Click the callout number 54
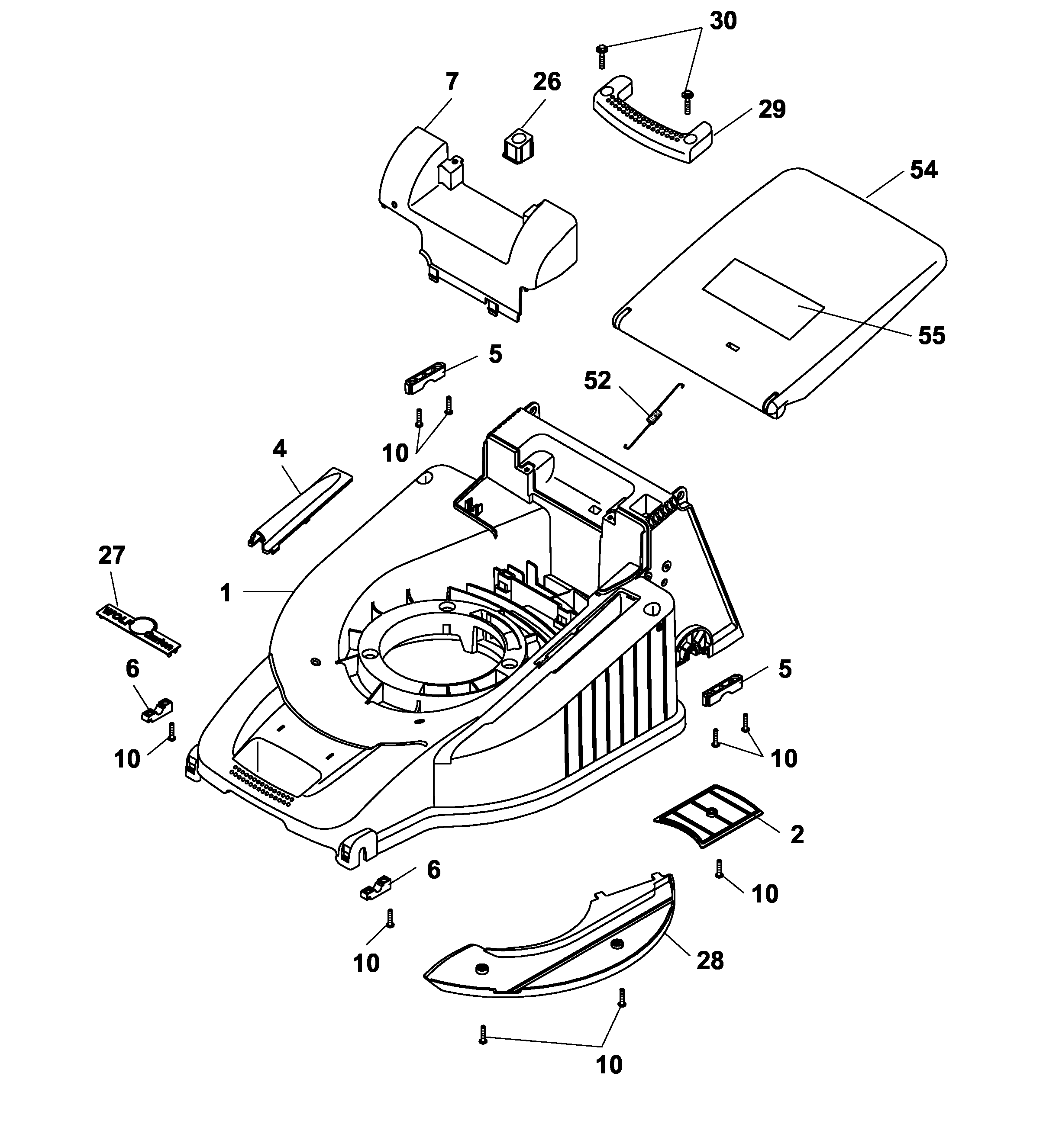coord(923,170)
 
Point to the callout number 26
coord(546,82)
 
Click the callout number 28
coord(710,960)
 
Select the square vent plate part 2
coord(708,815)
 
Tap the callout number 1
coord(225,593)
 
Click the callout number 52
coord(597,381)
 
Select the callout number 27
coord(111,555)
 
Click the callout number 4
coord(279,449)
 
